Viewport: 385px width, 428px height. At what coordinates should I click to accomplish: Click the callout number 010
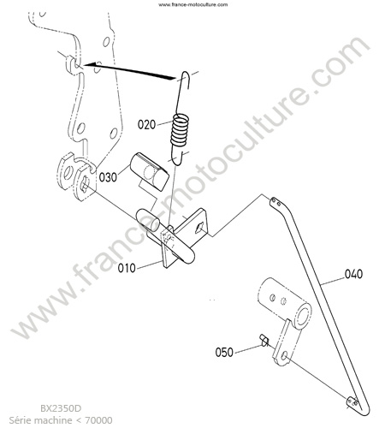pos(127,268)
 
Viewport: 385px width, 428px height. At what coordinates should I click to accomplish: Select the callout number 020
pos(147,125)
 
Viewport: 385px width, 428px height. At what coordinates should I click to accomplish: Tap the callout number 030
pos(108,177)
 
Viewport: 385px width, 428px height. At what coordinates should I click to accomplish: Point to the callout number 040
pos(353,274)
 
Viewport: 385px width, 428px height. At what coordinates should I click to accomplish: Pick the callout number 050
pos(224,352)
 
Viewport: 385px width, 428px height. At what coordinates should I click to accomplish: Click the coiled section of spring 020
pos(180,130)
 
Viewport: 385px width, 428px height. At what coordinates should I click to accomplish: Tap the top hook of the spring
pos(186,79)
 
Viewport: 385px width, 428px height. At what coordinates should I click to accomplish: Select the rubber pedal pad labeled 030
pos(149,171)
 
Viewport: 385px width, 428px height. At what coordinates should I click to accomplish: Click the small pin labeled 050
pos(264,341)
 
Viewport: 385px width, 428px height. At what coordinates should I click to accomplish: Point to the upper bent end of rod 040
pos(275,202)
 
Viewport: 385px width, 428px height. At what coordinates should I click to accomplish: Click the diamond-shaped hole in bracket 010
pos(198,228)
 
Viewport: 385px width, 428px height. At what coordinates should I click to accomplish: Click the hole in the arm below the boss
pos(284,355)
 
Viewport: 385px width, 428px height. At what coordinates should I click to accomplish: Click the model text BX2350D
pos(61,408)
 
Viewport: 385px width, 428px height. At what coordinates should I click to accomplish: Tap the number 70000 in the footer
pos(99,420)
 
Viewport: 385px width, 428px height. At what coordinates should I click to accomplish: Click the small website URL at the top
pos(192,4)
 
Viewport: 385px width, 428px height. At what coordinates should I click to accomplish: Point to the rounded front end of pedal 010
pos(188,256)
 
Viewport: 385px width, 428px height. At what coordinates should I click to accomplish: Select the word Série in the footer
pos(18,420)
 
